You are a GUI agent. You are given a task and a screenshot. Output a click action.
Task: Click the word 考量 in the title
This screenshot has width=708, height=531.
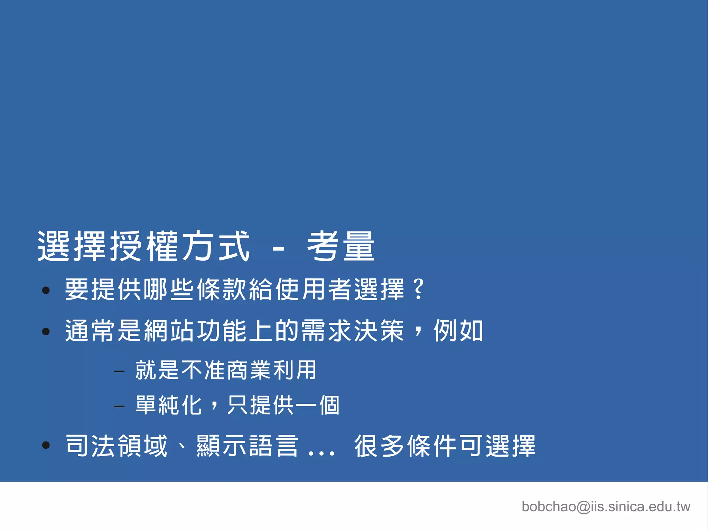pyautogui.click(x=341, y=246)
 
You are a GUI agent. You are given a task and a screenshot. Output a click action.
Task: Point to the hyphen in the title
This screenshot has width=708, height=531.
pyautogui.click(x=278, y=249)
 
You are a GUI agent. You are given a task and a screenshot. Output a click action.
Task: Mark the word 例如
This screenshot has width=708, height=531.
pyautogui.click(x=458, y=331)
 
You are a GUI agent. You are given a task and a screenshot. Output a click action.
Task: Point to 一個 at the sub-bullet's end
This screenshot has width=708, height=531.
pyautogui.click(x=318, y=405)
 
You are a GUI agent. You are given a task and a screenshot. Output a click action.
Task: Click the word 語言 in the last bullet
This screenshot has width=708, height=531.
pyautogui.click(x=273, y=446)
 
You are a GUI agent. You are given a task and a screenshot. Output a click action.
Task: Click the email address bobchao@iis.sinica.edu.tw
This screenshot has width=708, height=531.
pyautogui.click(x=606, y=507)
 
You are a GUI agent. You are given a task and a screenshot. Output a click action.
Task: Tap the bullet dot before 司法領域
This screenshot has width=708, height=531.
pyautogui.click(x=46, y=445)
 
